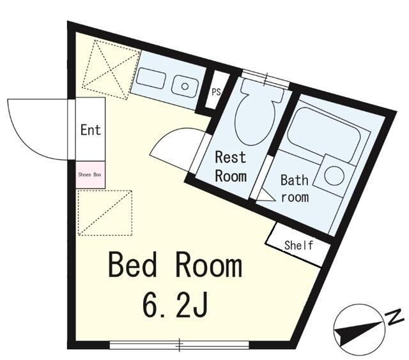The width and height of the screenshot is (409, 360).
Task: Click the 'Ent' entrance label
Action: (91, 130)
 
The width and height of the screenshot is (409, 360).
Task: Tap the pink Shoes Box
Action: (91, 175)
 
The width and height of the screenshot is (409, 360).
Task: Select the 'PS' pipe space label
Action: (216, 92)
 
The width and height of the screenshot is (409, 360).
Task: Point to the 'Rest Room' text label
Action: (231, 167)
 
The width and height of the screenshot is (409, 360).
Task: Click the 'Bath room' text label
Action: (295, 189)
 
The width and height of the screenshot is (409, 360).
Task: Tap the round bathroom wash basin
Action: (334, 176)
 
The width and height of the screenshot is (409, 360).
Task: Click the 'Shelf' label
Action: (298, 245)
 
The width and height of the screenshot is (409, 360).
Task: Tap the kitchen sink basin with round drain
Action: (185, 86)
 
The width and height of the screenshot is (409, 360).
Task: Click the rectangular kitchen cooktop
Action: (151, 78)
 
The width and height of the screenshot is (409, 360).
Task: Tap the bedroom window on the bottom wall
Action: (180, 345)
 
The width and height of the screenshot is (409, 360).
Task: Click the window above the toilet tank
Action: (266, 79)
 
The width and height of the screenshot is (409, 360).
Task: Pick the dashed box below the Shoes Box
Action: (105, 213)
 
